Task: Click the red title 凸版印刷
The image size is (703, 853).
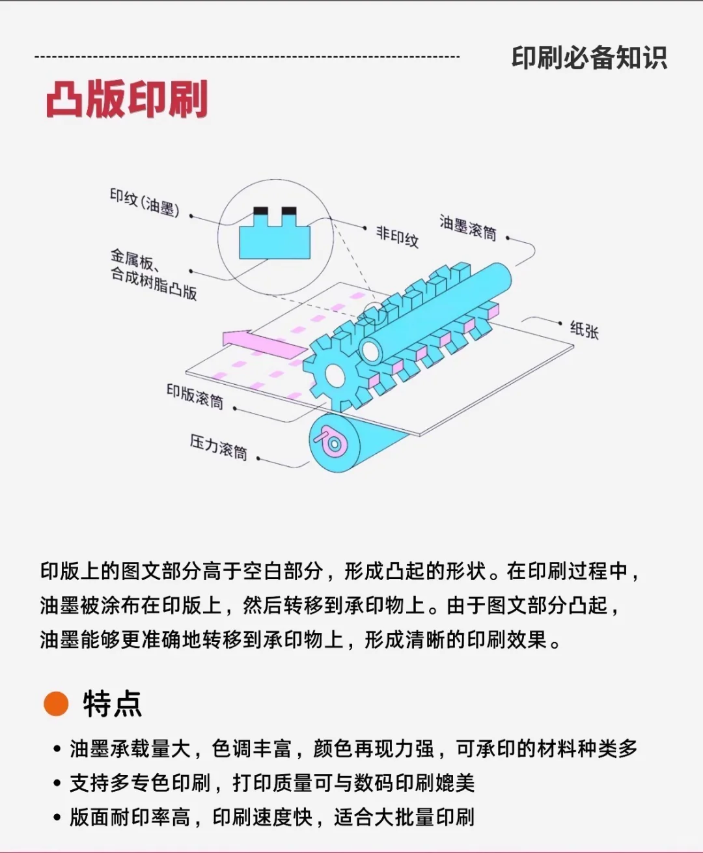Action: pyautogui.click(x=127, y=99)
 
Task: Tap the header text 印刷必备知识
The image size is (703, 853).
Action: pyautogui.click(x=588, y=58)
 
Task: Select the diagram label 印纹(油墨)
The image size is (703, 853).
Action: pyautogui.click(x=144, y=203)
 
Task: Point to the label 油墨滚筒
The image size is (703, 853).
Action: pyautogui.click(x=467, y=227)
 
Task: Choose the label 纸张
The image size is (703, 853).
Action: pyautogui.click(x=584, y=329)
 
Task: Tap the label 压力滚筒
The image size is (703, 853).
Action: pyautogui.click(x=219, y=447)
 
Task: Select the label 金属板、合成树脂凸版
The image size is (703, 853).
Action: pyautogui.click(x=153, y=274)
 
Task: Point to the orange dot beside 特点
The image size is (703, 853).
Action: pyautogui.click(x=56, y=703)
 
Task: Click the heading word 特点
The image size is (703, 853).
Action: pyautogui.click(x=112, y=704)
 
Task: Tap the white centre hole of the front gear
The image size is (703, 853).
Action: pyautogui.click(x=335, y=374)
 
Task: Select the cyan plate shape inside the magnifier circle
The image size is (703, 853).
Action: pyautogui.click(x=274, y=240)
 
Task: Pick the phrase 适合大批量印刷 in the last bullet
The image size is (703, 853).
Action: pyautogui.click(x=404, y=817)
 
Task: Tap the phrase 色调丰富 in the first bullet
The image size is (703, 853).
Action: pyautogui.click(x=252, y=749)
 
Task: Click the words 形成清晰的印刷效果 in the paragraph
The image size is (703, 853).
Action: pyautogui.click(x=456, y=639)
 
